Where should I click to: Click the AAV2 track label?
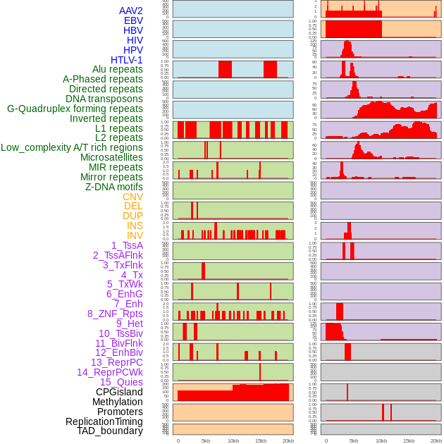130,11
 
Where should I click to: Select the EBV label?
133,20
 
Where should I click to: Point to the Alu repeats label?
117,69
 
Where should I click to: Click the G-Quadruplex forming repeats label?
75,109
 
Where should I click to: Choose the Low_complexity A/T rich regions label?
72,147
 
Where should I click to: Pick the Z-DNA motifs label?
113,187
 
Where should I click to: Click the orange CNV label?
132,197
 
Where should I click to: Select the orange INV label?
135,235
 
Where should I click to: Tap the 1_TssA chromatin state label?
127,245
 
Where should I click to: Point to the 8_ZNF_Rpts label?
115,314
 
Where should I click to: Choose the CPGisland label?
119,392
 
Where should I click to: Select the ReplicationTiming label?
104,421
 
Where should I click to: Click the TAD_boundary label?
109,431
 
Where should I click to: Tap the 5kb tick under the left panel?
206,440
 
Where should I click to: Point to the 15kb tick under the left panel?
261,440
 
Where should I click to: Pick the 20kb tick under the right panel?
436,440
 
